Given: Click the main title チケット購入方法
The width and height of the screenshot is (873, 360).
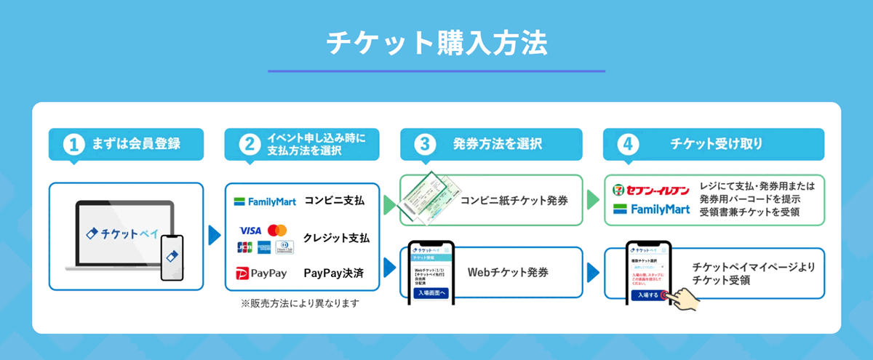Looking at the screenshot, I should tap(436, 44).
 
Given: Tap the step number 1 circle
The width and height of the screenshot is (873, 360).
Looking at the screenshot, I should tap(73, 144).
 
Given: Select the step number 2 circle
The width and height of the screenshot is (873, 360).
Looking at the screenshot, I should tap(249, 144).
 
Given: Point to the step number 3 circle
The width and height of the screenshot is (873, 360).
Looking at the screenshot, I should tap(424, 144).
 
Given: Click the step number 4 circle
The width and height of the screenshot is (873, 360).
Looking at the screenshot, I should tap(627, 144).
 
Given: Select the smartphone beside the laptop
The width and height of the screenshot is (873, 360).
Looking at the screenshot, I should tap(172, 256).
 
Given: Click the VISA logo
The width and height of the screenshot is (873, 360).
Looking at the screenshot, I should tap(250, 231).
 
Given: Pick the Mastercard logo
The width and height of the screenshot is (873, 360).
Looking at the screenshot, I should tap(277, 231).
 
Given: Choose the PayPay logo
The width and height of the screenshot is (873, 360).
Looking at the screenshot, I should tap(261, 273).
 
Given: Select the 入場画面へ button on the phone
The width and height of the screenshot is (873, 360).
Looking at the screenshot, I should tap(431, 292).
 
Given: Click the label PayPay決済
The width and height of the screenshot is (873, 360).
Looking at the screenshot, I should tap(333, 273).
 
